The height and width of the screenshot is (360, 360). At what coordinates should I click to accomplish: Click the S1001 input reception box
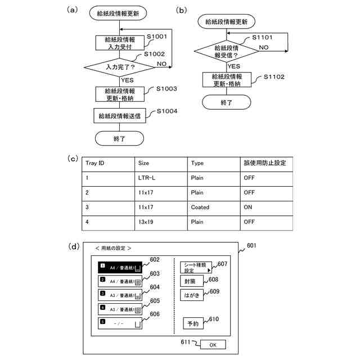(120, 43)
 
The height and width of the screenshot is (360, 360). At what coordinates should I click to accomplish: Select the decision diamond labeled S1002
(120, 67)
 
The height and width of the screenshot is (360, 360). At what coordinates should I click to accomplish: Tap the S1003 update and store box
(120, 94)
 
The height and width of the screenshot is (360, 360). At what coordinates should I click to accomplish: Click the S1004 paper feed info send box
(120, 116)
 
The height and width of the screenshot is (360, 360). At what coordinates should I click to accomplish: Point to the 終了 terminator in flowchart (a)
(120, 138)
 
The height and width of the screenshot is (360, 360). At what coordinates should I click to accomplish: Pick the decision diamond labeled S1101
(226, 52)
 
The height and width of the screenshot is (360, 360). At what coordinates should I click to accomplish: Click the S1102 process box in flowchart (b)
(227, 79)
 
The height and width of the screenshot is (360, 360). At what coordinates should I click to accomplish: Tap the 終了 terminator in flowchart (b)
(227, 102)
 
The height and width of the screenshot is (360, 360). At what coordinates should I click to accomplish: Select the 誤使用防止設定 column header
(264, 163)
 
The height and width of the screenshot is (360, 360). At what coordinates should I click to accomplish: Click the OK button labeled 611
(212, 344)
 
